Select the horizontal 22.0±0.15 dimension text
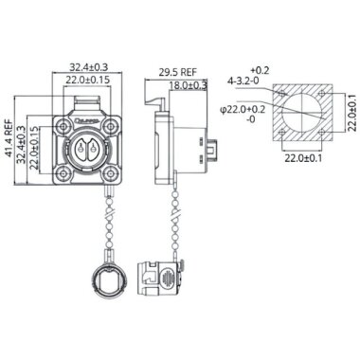pos(87,81)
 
